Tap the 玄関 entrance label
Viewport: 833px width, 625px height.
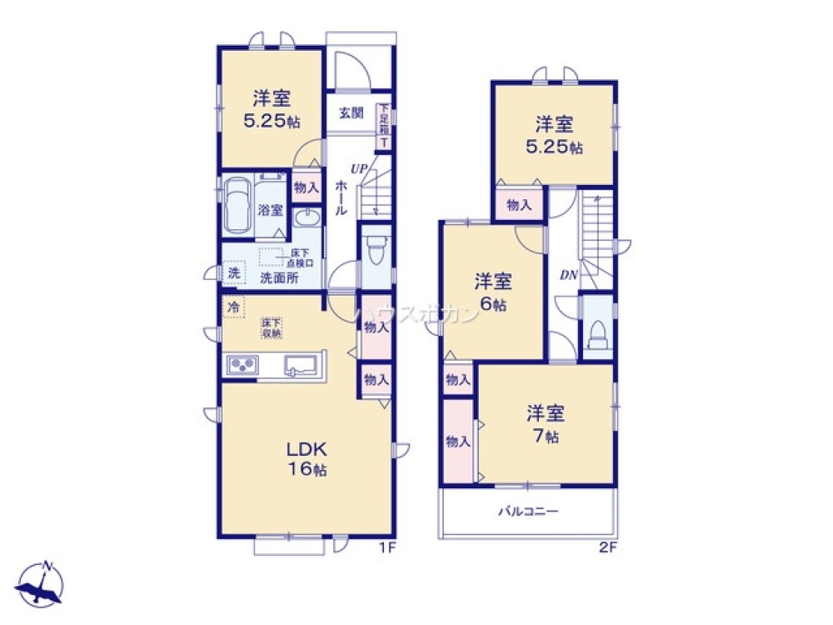[x=351, y=113]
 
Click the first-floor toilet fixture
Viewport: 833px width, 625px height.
[x=376, y=248]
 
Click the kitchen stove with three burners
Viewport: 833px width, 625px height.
[x=243, y=365]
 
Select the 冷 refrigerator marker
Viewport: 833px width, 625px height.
[x=233, y=307]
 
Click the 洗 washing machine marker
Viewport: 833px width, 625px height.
[x=234, y=272]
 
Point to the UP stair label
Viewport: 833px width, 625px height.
[x=359, y=169]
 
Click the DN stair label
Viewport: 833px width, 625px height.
[x=569, y=273]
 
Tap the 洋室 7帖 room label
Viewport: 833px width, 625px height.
[x=546, y=423]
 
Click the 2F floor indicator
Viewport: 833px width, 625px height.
[x=607, y=547]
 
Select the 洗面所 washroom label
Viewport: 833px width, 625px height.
[x=278, y=278]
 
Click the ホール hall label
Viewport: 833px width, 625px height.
[x=341, y=200]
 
